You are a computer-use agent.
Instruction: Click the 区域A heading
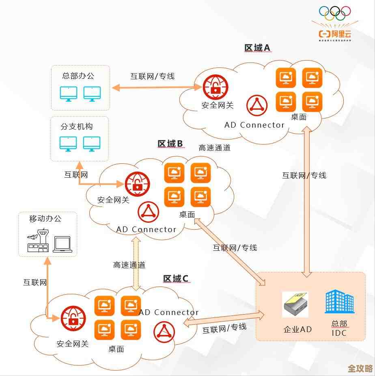click(257, 48)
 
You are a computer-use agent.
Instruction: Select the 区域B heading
click(170, 143)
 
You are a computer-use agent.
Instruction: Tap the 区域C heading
click(175, 278)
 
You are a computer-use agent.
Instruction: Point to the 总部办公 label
click(78, 76)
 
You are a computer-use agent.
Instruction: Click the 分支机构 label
click(77, 126)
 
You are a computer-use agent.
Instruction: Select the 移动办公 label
click(45, 219)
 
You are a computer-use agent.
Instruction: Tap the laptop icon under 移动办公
click(62, 244)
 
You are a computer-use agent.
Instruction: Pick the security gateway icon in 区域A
click(216, 87)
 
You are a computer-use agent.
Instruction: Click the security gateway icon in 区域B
click(137, 184)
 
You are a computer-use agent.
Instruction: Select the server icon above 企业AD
click(295, 304)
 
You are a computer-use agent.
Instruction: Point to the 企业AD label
click(297, 329)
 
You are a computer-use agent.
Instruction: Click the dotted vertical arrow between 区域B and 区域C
click(136, 263)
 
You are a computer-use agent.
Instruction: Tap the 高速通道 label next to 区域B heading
click(214, 148)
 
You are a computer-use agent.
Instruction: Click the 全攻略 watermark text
click(360, 368)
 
